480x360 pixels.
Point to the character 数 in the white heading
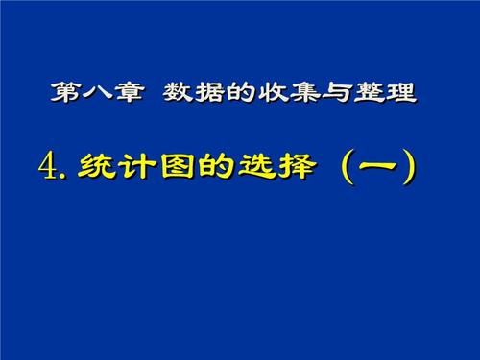click(179, 94)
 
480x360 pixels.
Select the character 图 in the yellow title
click(168, 165)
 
